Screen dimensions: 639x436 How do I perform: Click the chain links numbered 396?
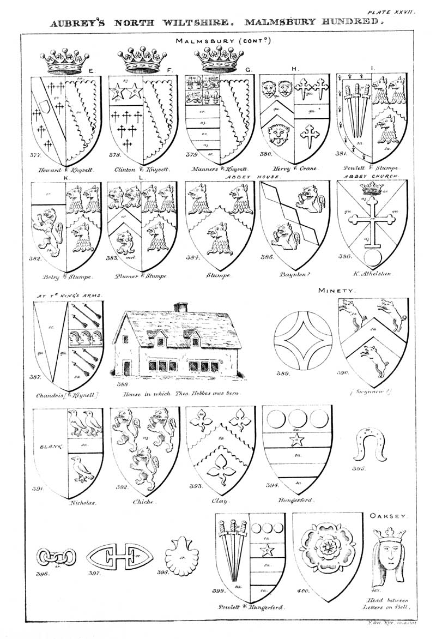point(55,557)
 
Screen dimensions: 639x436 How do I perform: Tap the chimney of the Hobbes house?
point(180,307)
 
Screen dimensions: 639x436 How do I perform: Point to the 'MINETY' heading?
point(337,291)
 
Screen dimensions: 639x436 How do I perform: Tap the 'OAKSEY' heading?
point(387,515)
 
